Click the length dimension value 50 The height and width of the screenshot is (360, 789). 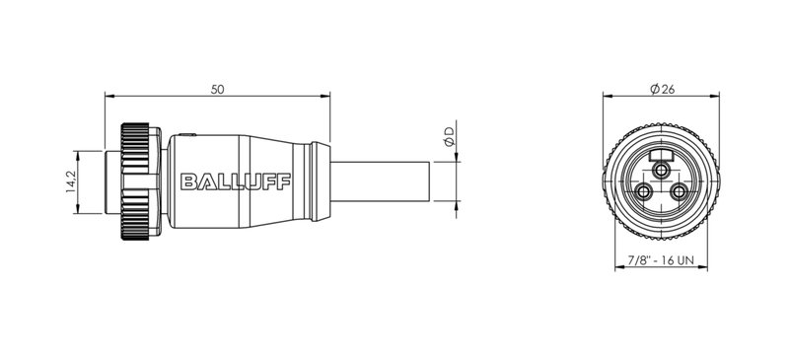click(218, 89)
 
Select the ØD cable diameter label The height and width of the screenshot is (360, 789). click(450, 139)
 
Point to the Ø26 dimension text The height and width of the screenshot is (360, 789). click(662, 89)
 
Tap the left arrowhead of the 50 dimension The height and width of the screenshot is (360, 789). click(108, 97)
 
